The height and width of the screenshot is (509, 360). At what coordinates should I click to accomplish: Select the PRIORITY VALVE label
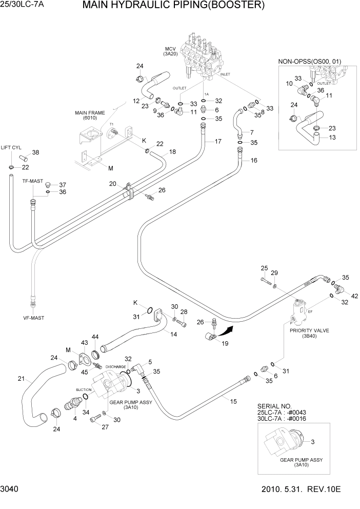(x=308, y=331)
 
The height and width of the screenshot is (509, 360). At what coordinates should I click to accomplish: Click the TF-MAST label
(x=32, y=181)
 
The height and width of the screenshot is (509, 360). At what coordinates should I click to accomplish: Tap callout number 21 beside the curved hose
(x=21, y=379)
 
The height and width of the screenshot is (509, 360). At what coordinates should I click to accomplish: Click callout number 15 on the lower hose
(x=233, y=401)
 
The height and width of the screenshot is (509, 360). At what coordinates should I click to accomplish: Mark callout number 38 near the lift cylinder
(x=35, y=152)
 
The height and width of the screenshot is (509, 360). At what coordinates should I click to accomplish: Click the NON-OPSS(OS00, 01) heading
(x=310, y=62)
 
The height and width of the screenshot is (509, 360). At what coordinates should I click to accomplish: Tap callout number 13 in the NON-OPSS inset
(x=332, y=137)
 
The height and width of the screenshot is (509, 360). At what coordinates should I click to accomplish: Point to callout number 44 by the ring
(x=95, y=337)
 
